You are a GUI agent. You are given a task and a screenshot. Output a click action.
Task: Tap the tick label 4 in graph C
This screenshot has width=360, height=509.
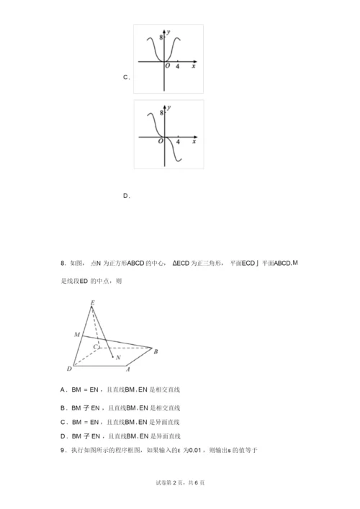click(x=177, y=66)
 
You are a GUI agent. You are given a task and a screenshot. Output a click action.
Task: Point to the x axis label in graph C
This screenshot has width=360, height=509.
click(x=194, y=66)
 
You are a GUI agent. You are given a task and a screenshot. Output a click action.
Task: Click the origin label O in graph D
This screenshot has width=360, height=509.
click(x=161, y=142)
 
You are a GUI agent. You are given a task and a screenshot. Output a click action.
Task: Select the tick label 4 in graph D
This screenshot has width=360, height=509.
click(x=177, y=142)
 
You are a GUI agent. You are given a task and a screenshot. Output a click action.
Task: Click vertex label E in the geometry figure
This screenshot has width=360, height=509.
click(x=91, y=303)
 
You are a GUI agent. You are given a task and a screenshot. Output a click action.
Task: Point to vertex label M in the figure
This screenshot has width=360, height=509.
click(x=76, y=335)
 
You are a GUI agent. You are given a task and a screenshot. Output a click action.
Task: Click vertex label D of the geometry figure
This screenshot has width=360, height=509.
click(x=68, y=369)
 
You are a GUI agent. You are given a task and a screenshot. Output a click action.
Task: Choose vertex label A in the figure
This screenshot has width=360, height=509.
click(x=127, y=369)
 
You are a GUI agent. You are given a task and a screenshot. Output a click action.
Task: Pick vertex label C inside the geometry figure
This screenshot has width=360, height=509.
click(x=95, y=347)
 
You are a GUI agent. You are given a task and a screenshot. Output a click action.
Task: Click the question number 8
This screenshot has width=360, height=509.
click(x=63, y=263)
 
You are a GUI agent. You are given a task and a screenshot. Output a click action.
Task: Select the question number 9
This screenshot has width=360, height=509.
click(x=63, y=450)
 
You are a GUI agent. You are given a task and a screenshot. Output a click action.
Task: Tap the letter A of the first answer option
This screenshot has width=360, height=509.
click(x=64, y=389)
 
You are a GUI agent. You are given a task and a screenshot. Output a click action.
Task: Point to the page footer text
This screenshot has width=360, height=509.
click(x=179, y=482)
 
